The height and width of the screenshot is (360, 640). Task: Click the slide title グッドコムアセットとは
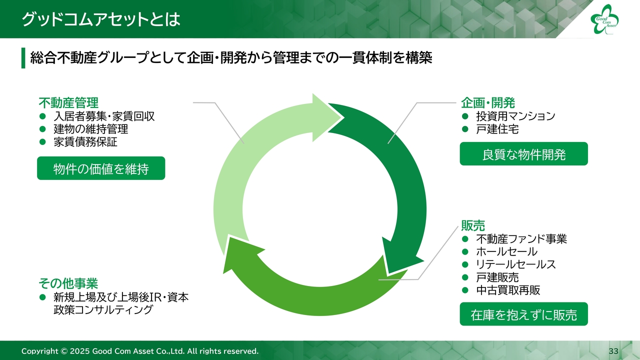pos(100,19)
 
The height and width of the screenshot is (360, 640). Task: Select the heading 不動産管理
pos(68,103)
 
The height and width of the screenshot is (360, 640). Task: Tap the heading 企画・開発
pos(487,103)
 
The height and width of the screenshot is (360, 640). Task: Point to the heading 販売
pos(472,225)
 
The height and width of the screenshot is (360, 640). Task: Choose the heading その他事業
pos(68,283)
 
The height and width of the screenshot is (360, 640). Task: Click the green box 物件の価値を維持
pos(101,169)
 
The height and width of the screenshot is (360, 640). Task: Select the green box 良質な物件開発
pos(523,154)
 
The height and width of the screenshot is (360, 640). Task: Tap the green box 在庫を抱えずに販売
pos(523,314)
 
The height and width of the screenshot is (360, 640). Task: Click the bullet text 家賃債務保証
pos(85,142)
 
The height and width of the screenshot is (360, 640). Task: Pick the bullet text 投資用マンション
pos(515,116)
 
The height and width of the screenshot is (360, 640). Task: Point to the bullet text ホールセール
pos(506,251)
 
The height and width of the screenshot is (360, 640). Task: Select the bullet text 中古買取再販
pos(508,290)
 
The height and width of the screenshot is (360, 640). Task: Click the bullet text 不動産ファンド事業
pos(521,239)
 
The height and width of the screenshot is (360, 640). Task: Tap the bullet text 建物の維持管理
pos(91,129)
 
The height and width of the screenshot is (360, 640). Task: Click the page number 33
pos(613,351)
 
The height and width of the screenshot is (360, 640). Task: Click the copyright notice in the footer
pos(140,351)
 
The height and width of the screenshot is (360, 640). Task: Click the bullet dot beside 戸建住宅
pos(465,129)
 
